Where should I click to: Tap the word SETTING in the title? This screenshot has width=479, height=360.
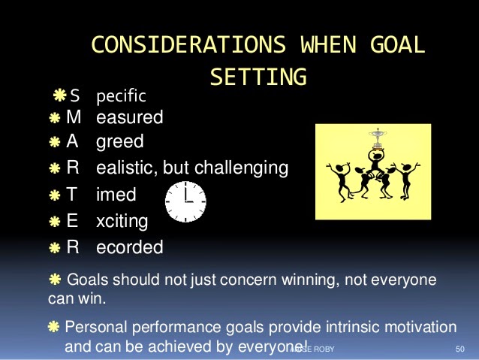pyautogui.click(x=258, y=77)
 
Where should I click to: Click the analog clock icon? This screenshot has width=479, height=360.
pyautogui.click(x=185, y=201)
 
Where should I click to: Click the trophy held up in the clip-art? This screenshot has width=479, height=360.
pyautogui.click(x=375, y=140)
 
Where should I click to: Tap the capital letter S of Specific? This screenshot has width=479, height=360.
pyautogui.click(x=74, y=96)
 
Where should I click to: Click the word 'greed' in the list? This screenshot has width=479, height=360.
pyautogui.click(x=119, y=142)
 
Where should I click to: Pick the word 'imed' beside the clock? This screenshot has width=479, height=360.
pyautogui.click(x=116, y=195)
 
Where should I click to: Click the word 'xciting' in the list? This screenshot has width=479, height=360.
pyautogui.click(x=122, y=221)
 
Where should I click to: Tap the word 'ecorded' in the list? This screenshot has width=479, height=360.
pyautogui.click(x=129, y=247)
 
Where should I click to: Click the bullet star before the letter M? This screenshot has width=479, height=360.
pyautogui.click(x=56, y=119)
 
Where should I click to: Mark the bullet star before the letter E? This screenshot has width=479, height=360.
pyautogui.click(x=56, y=222)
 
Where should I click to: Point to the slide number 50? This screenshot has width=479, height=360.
pyautogui.click(x=460, y=349)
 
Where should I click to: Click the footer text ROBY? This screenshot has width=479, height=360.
pyautogui.click(x=323, y=349)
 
